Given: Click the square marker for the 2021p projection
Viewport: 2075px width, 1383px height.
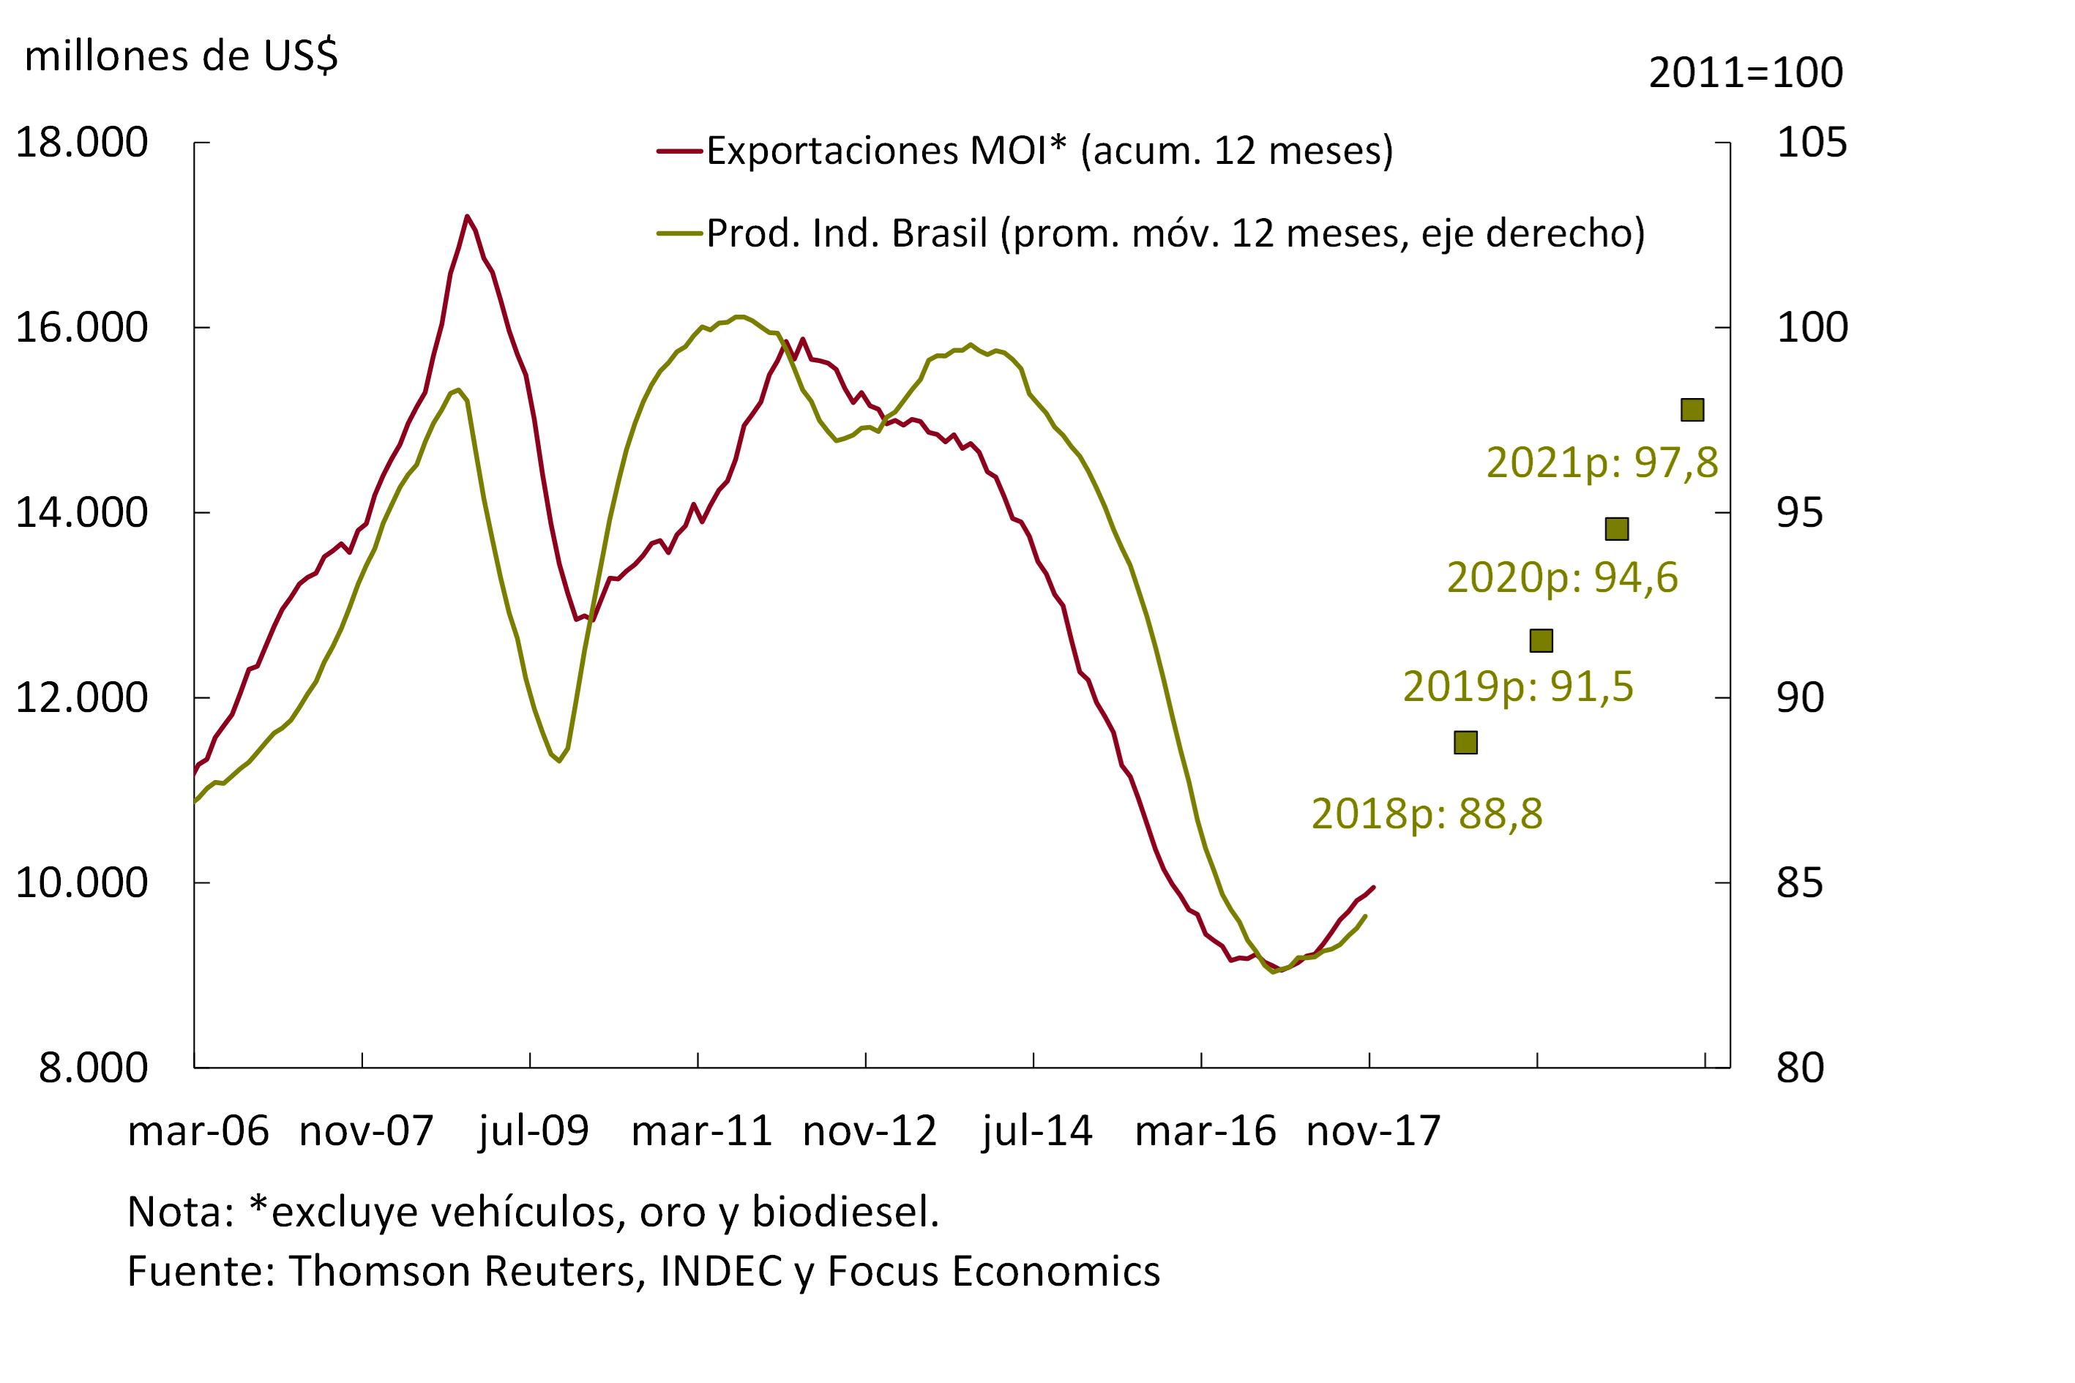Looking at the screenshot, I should [1692, 409].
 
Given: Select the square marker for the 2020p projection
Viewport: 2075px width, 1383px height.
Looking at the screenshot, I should [1616, 528].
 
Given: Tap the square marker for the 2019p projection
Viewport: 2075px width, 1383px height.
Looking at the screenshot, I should [1541, 640].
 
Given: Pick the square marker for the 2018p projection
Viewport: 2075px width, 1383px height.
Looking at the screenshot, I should [1465, 743].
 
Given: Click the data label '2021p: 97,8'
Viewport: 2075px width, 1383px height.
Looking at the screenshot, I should [1602, 463].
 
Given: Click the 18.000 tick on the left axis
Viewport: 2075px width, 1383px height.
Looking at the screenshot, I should [82, 143].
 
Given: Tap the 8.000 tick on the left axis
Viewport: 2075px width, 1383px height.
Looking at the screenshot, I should [94, 1067].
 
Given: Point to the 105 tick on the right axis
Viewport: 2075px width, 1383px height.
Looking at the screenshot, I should [1812, 143].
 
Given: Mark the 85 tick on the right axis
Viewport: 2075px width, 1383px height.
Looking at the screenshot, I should [1800, 883].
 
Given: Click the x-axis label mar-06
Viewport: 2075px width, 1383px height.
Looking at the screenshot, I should [198, 1131].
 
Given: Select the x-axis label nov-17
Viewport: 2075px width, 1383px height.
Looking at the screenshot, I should [1373, 1131].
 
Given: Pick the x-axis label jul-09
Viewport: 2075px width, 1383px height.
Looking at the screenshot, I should [534, 1131].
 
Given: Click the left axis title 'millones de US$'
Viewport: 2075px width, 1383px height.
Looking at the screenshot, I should [181, 56].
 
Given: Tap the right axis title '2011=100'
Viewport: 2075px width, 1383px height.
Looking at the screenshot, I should [1745, 73].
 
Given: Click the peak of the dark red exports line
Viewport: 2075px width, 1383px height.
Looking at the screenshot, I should [467, 216].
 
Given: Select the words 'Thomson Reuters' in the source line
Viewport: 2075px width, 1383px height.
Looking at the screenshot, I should [468, 1272].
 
